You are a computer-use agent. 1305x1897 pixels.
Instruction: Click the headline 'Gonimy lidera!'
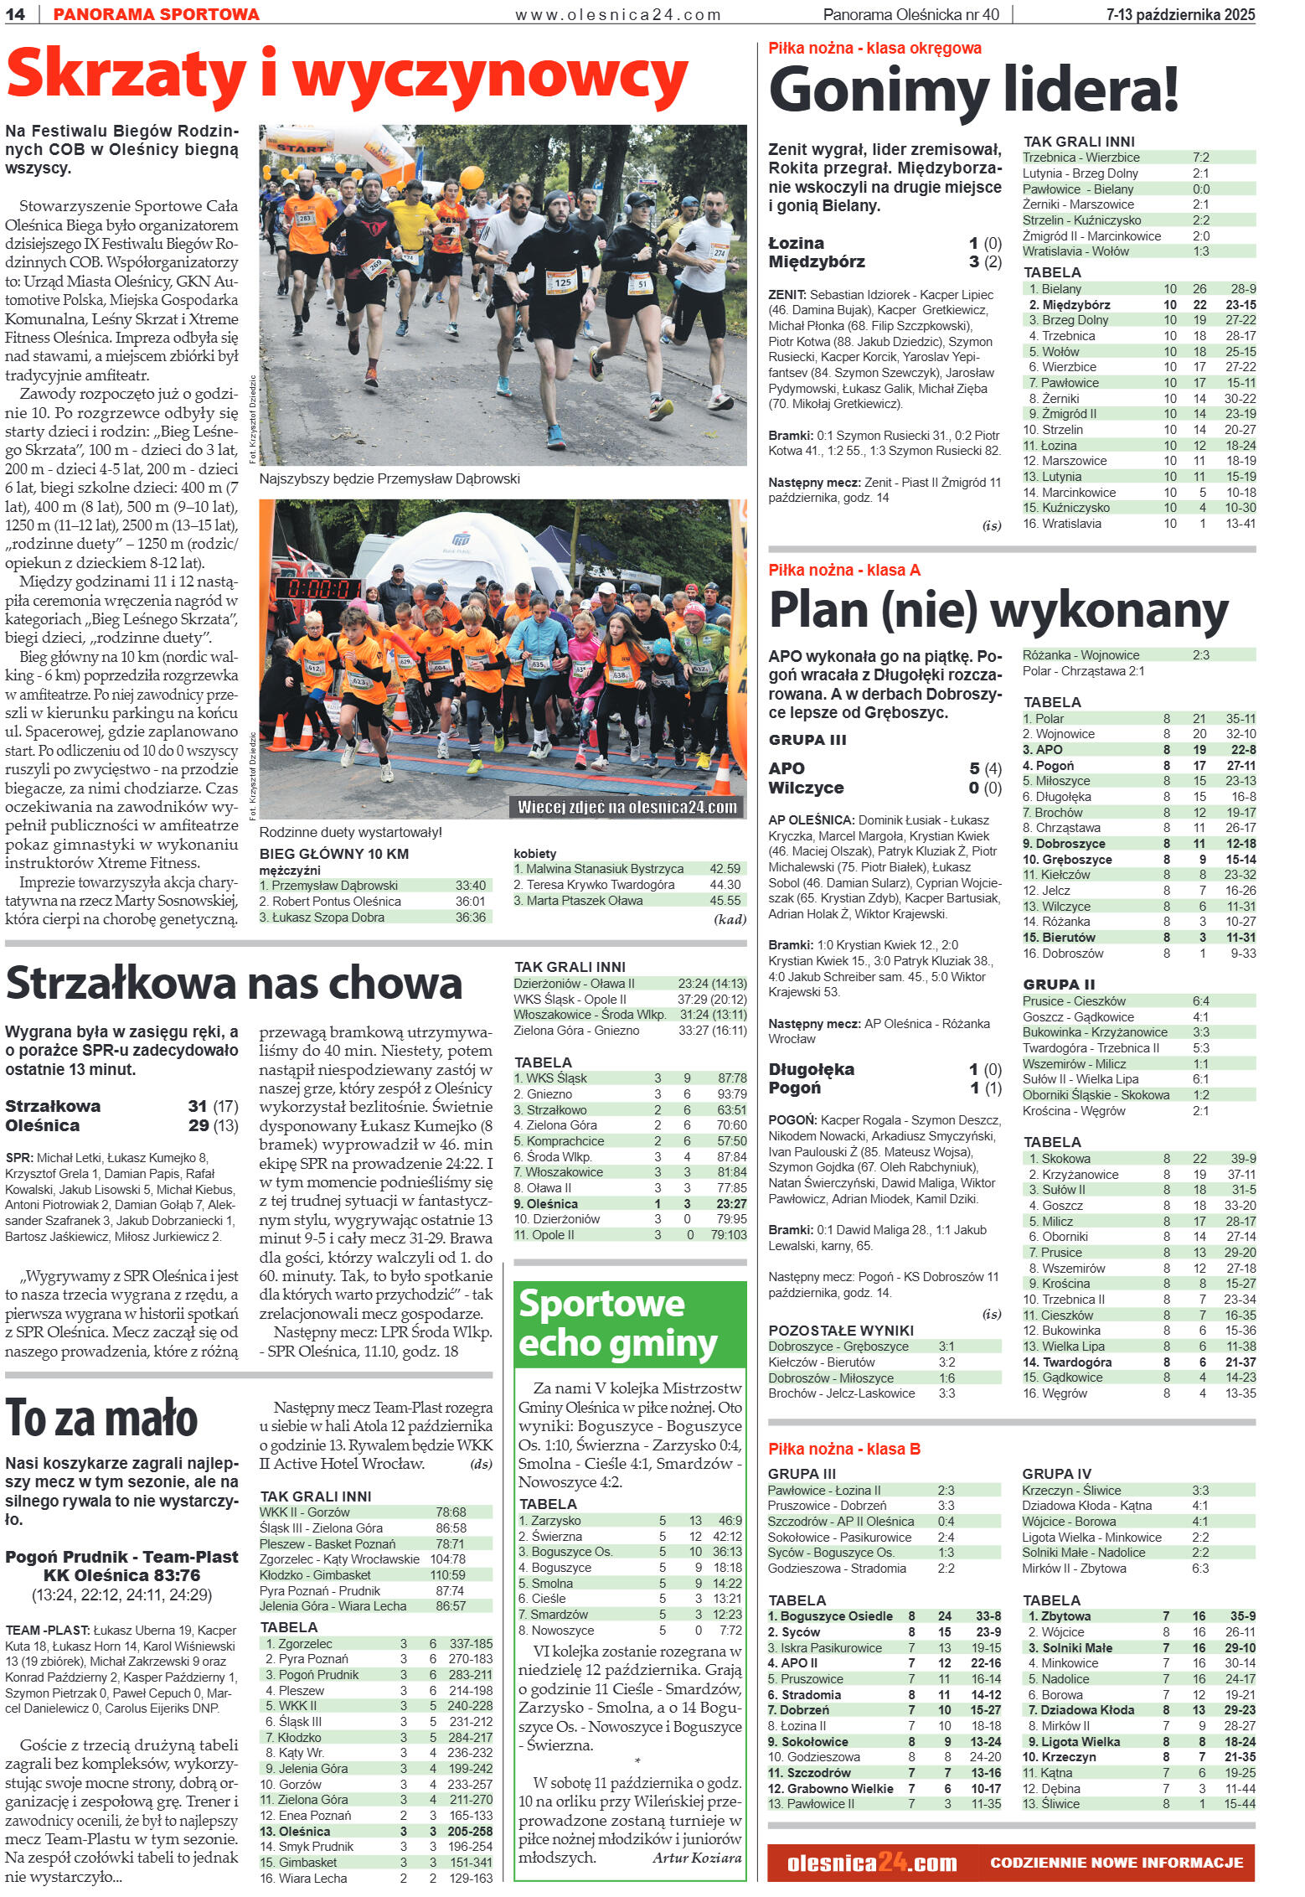(973, 90)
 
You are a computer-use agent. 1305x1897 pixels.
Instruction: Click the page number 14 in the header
(16, 14)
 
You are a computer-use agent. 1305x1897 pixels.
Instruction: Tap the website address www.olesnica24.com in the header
(618, 14)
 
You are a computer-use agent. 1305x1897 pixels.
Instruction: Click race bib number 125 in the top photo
(563, 282)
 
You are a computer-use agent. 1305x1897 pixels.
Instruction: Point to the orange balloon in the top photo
(472, 178)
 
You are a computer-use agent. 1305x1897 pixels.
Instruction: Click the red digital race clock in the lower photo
(318, 588)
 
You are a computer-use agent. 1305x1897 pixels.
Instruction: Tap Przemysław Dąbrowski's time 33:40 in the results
(470, 886)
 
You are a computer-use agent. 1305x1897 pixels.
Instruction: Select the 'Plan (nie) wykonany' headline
(998, 610)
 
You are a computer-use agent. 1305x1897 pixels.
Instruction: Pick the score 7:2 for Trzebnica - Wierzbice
(1200, 158)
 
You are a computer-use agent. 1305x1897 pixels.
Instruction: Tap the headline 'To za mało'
(102, 1419)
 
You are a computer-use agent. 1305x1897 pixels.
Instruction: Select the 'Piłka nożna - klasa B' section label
(844, 1449)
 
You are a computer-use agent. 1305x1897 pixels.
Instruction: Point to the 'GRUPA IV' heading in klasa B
(1056, 1474)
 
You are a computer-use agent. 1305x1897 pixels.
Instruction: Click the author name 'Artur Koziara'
(697, 1858)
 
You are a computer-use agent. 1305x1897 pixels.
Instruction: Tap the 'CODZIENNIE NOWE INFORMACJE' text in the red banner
(1116, 1863)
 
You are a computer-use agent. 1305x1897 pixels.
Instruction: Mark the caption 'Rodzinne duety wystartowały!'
(350, 832)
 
